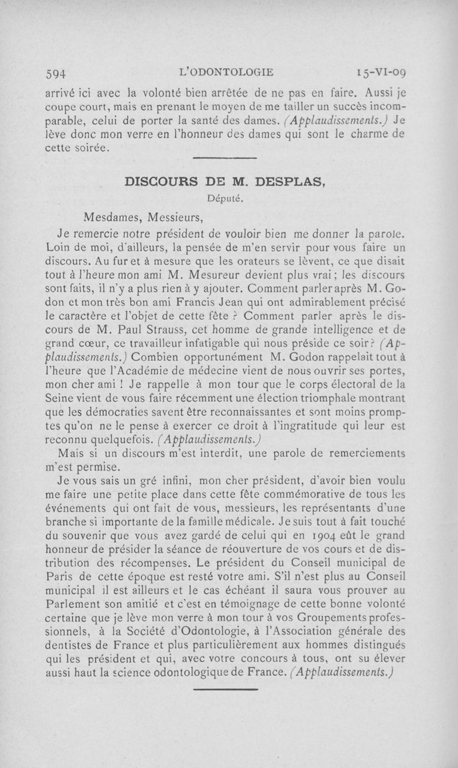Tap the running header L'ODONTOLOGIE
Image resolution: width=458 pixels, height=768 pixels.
tap(227, 72)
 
